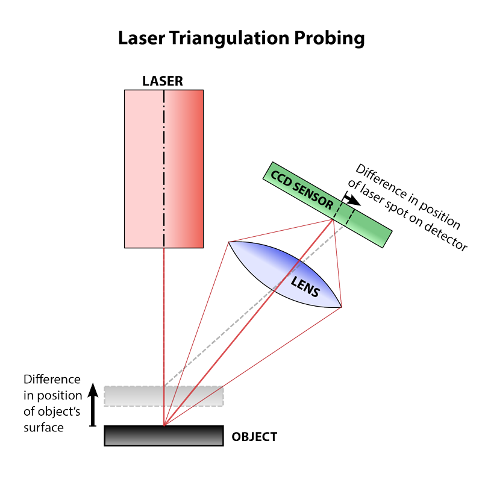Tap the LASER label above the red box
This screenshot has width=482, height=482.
pyautogui.click(x=163, y=81)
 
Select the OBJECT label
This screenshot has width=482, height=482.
pyautogui.click(x=254, y=437)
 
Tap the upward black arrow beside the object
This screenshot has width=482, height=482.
pyautogui.click(x=92, y=404)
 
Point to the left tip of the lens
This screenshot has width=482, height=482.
pyautogui.click(x=230, y=243)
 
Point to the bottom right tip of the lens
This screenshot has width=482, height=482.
pyautogui.click(x=340, y=306)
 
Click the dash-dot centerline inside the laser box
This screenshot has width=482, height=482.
pyautogui.click(x=164, y=151)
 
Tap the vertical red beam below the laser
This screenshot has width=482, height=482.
pyautogui.click(x=164, y=313)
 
